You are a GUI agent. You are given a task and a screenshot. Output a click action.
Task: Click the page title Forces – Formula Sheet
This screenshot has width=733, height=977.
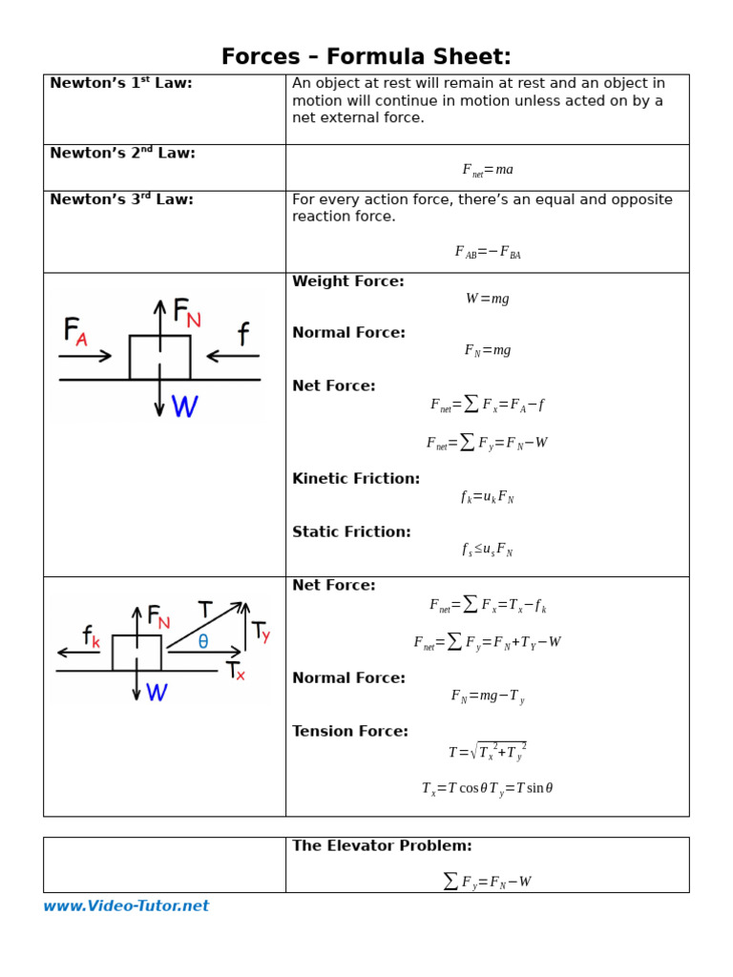coord(366,57)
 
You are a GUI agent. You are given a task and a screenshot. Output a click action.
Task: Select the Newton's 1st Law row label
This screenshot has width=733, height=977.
coord(121,84)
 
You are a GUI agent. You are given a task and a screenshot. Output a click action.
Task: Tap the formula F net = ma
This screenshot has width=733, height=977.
coord(488,170)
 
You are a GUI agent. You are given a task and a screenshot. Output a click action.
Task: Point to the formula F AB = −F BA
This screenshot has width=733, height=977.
coord(488,253)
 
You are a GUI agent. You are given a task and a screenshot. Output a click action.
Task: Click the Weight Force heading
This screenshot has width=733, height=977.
coord(348,281)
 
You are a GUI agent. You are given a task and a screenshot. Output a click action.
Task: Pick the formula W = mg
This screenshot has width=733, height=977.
coord(488,299)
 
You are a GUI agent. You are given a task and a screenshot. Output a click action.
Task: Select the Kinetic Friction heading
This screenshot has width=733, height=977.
coord(356,479)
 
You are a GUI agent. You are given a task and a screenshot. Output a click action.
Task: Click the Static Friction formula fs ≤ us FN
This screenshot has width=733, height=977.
coord(488,550)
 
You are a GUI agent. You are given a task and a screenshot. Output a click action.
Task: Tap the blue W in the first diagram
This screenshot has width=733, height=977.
coord(185,407)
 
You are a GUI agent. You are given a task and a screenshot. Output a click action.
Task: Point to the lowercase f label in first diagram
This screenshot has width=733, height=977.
coord(244,334)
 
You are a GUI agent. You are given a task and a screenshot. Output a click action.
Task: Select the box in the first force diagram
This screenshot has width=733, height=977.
coord(159,357)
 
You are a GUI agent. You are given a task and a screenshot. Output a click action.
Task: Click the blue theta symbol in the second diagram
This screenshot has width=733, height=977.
coord(203,642)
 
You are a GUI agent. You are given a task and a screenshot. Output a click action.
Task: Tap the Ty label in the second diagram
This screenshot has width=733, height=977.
coord(261,632)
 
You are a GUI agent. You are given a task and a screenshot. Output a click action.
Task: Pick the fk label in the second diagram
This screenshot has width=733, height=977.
coord(92,636)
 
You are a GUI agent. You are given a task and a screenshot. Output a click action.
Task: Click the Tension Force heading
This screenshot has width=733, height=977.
coord(350,732)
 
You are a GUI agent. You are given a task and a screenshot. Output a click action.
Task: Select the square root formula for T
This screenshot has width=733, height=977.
coord(488,752)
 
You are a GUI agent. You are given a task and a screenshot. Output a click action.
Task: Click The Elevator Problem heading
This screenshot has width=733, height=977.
coord(382,846)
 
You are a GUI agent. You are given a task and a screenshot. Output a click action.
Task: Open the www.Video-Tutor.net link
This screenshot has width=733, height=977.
coord(126,906)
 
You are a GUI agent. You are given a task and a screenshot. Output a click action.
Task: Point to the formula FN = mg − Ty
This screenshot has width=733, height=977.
coord(488,696)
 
